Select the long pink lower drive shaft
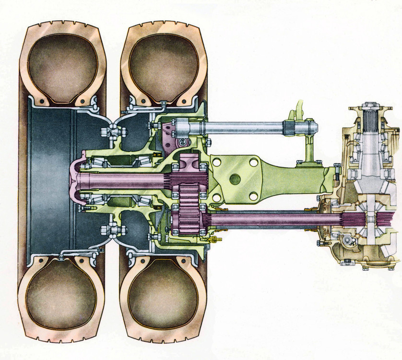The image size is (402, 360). [269, 220]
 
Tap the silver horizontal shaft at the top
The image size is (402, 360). [249, 128]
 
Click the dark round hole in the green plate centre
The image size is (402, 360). [235, 179]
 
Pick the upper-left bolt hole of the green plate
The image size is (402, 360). [216, 162]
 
